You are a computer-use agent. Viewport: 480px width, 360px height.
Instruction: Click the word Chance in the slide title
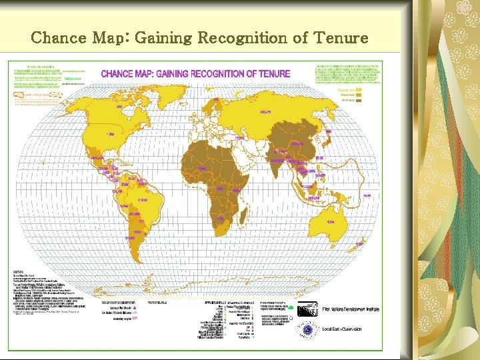[59, 38]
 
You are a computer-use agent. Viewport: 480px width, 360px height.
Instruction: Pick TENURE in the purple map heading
[271, 73]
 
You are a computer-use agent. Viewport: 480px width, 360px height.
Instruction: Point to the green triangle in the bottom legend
[291, 308]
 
